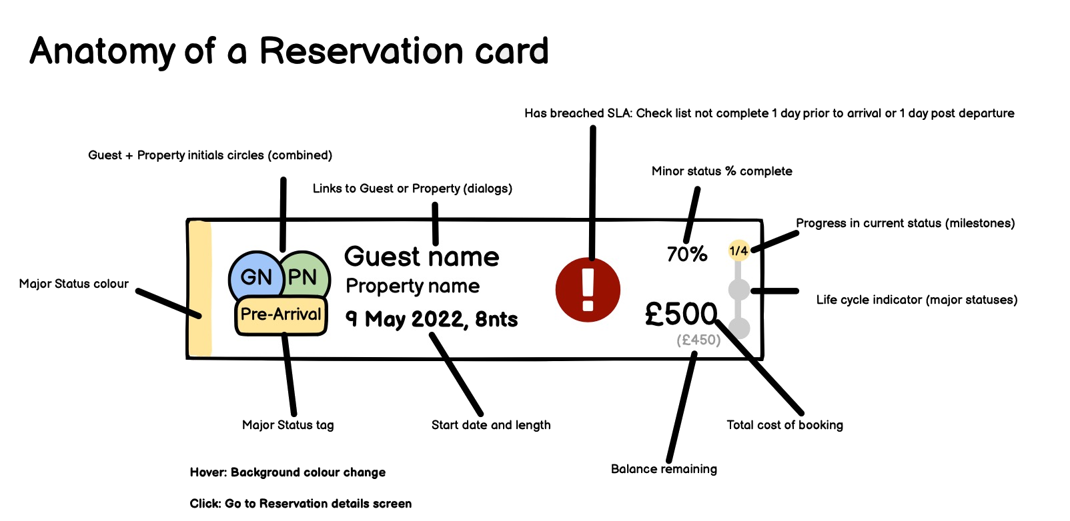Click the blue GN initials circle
(x=256, y=276)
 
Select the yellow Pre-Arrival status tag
(x=282, y=315)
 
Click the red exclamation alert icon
(x=588, y=290)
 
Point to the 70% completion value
(x=687, y=255)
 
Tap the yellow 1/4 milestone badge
(x=738, y=251)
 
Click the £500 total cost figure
(x=681, y=314)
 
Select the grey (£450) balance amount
(x=698, y=340)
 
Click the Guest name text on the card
(x=422, y=257)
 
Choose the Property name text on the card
(x=413, y=286)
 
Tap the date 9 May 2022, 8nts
(x=432, y=319)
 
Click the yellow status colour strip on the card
(x=199, y=288)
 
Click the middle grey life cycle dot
(x=739, y=290)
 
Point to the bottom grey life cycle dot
(x=739, y=328)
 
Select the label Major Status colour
(x=73, y=284)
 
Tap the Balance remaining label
(x=664, y=469)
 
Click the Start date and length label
(x=491, y=425)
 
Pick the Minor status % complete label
(x=722, y=171)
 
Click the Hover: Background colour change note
(x=288, y=472)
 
